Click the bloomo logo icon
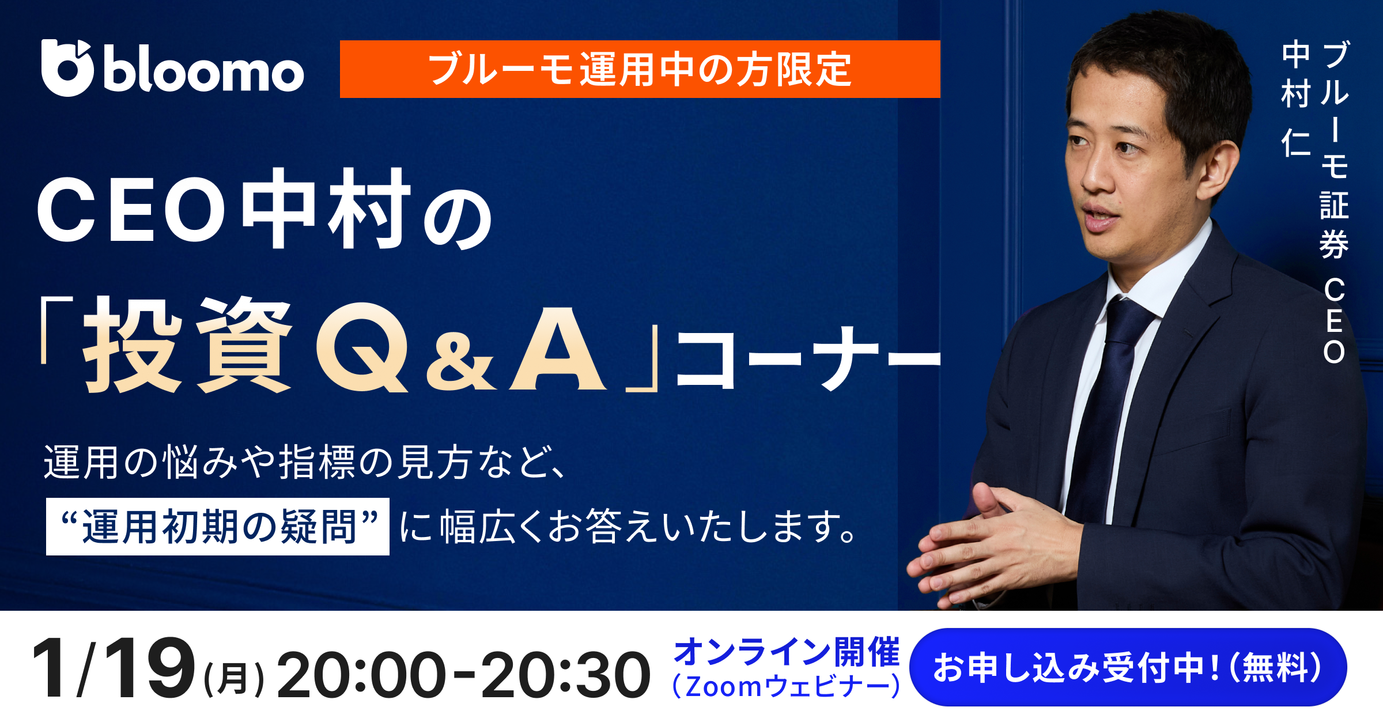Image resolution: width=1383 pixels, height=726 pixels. pos(67,68)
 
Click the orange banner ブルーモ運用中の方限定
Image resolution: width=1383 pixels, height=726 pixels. pos(640,69)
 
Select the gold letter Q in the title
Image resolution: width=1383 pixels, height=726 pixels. pos(362,349)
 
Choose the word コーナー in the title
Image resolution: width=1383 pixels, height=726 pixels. pos(807,357)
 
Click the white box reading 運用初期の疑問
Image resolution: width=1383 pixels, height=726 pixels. pos(218,527)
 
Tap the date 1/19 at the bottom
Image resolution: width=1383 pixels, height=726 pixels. pos(113,668)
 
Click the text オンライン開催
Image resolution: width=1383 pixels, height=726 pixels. pos(786,652)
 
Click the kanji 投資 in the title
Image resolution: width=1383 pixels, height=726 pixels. pos(187,346)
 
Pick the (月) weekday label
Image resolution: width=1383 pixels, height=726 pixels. pos(233,679)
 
